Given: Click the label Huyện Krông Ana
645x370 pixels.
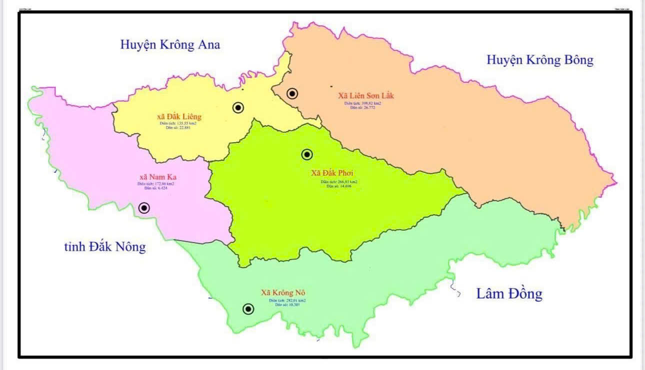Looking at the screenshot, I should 170,44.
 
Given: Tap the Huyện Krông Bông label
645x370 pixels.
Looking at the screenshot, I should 540,60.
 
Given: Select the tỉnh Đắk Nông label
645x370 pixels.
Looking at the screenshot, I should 105,247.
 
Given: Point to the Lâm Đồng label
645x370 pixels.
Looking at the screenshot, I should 509,294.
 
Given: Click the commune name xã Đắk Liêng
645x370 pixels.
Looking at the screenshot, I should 178,117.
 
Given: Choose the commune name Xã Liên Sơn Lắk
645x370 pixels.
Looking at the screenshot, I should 366,96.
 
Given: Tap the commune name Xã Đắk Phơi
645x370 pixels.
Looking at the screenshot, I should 332,173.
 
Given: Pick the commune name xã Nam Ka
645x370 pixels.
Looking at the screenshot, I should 158,177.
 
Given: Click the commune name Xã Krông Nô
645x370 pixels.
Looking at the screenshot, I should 283,293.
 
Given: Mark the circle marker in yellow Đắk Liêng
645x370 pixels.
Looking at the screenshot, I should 238,107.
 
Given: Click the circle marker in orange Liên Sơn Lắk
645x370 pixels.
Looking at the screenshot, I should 292,93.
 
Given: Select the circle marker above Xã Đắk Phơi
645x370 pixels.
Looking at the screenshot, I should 307,155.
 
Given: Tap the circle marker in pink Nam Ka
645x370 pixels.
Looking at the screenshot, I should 144,208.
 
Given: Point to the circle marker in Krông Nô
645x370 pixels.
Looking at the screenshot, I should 248,309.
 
